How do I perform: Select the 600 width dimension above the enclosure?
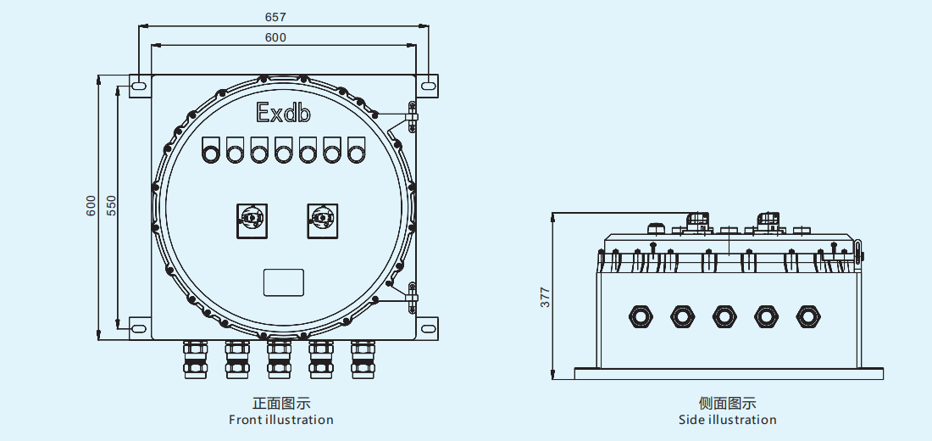point(275,37)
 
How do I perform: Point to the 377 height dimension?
point(546,296)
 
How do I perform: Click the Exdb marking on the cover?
point(283,113)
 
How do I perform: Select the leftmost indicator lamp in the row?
point(210,152)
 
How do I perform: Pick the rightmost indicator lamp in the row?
point(357,152)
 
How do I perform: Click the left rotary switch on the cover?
point(252,219)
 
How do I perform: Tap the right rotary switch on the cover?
point(322,219)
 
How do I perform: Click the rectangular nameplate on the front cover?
point(283,282)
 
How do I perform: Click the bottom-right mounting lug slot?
point(428,326)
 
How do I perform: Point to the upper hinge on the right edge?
point(412,117)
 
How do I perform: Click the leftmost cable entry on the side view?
point(641,316)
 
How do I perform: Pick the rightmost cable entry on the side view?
point(807,316)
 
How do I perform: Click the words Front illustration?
point(281,420)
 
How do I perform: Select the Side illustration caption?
point(727,420)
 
